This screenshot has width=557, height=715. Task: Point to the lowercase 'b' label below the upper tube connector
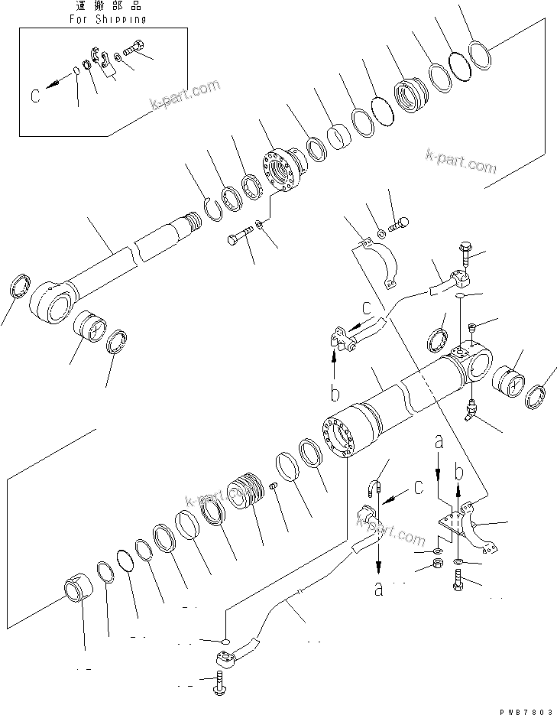pos(334,395)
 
